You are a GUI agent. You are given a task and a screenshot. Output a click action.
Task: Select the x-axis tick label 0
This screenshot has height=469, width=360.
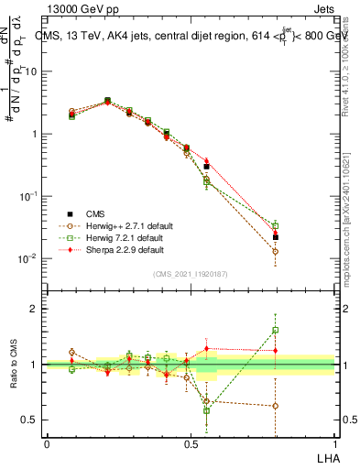click(x=47, y=443)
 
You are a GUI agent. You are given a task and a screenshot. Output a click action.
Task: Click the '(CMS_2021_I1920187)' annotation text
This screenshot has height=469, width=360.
click(x=191, y=273)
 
